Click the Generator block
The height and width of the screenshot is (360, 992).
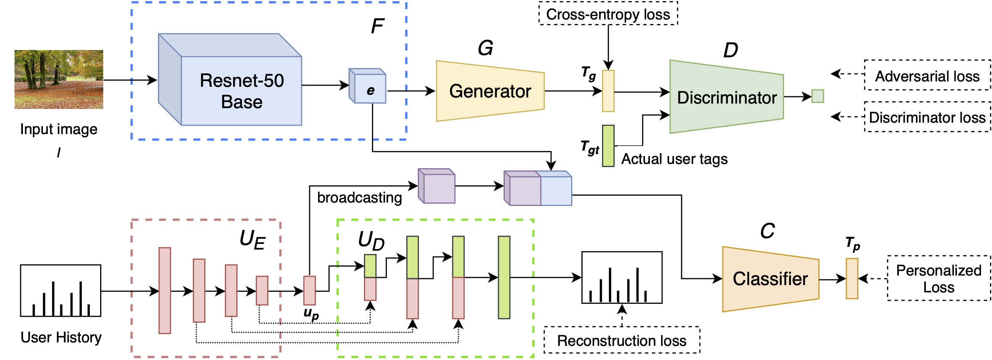pos(490,91)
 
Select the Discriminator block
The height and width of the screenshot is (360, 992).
pos(726,97)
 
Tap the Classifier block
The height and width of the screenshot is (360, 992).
pos(770,279)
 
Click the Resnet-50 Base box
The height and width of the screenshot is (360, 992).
pos(241,91)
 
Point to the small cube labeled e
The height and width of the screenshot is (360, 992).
pos(370,89)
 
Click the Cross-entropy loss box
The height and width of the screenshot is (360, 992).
pos(608,14)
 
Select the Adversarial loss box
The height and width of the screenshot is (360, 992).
pos(927,76)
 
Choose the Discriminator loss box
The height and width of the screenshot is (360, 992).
pos(927,117)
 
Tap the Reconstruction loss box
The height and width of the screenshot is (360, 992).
pos(622,341)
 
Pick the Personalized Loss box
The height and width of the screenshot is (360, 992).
pos(938,278)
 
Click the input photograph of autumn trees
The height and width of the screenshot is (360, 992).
pos(59,79)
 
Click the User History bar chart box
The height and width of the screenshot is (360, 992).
pos(61,291)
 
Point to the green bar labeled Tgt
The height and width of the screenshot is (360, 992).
pos(608,146)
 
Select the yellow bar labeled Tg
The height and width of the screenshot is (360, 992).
pos(608,91)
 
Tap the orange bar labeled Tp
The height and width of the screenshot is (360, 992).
pos(852,278)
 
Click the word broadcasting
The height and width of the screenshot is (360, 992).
pos(359,198)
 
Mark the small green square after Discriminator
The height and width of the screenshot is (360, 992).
pos(818,96)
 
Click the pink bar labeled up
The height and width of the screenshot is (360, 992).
pos(310,290)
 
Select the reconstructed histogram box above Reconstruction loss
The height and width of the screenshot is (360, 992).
pos(622,277)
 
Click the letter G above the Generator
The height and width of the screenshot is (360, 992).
pos(485,48)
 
